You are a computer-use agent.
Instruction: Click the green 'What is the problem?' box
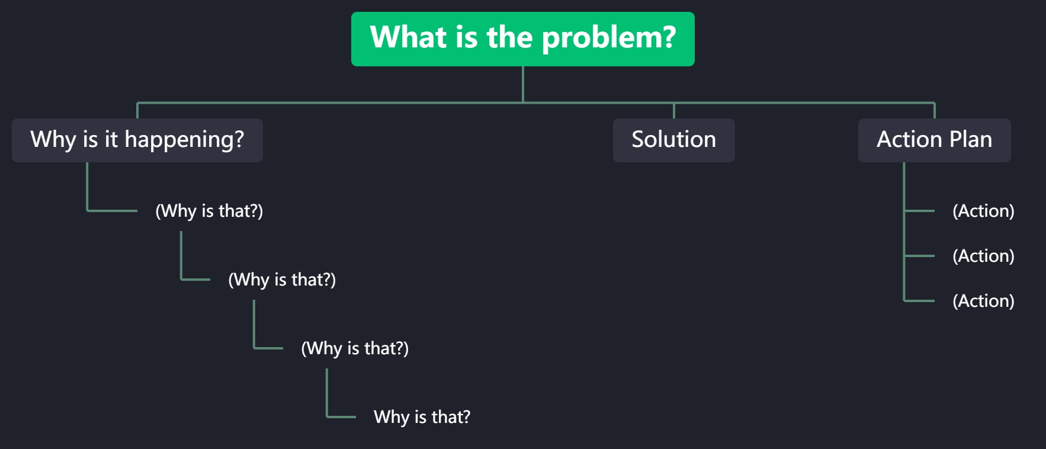coord(522,39)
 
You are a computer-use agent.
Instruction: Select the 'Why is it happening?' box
coord(137,140)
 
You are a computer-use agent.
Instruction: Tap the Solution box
coord(673,140)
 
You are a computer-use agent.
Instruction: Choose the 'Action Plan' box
coord(934,140)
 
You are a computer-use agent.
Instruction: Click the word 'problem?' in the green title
coord(608,38)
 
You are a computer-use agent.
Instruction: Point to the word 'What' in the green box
coord(408,37)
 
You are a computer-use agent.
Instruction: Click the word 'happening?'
coord(184,140)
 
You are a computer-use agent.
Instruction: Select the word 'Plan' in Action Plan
coord(970,140)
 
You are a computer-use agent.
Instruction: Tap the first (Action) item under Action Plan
coord(983,211)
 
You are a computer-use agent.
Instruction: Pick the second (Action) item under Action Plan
coord(983,256)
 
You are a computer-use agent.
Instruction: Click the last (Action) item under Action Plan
coord(983,301)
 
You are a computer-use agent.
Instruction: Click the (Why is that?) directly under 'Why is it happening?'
coord(209,211)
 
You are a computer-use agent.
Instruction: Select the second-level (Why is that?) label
coord(282,280)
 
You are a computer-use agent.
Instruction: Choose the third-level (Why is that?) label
coord(355,348)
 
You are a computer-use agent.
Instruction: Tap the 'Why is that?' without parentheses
coord(422,417)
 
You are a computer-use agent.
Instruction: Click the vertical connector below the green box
coord(523,84)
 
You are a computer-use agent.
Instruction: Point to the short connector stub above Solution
coord(674,111)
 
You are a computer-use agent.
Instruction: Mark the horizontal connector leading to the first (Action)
coord(919,210)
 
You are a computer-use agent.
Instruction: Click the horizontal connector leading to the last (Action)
coord(919,301)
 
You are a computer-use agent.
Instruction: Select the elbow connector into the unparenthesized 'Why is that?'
coord(341,417)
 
